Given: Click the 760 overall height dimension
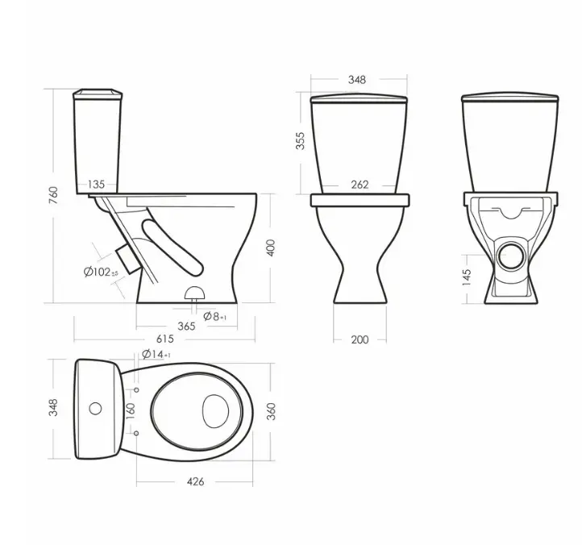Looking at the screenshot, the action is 53,195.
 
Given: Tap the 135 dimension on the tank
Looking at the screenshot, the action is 96,185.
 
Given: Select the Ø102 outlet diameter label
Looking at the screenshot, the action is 101,272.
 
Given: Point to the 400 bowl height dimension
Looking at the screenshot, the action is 271,248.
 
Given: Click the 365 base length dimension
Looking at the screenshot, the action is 186,327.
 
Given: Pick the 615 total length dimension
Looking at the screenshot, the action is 164,339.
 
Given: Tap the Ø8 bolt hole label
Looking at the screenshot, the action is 215,316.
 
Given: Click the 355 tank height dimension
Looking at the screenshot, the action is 300,141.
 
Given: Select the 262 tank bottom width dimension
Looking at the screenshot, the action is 360,185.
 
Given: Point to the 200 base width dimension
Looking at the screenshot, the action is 360,339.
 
